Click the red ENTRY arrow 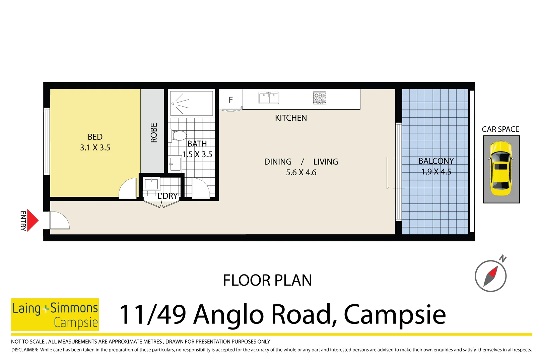pos(32,221)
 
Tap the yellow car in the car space pos(501,169)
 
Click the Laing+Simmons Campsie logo pos(55,314)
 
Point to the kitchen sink pos(269,98)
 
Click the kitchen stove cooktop pos(320,98)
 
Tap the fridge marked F pos(231,100)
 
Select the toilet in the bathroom pos(179,136)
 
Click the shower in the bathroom pos(191,103)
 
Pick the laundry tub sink pos(151,184)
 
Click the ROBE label pos(154,133)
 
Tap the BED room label pos(95,137)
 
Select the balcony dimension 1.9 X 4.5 pos(436,172)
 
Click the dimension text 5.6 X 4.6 pos(301,173)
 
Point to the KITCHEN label pos(291,118)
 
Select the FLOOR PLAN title pos(267,280)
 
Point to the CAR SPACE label pos(500,129)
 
